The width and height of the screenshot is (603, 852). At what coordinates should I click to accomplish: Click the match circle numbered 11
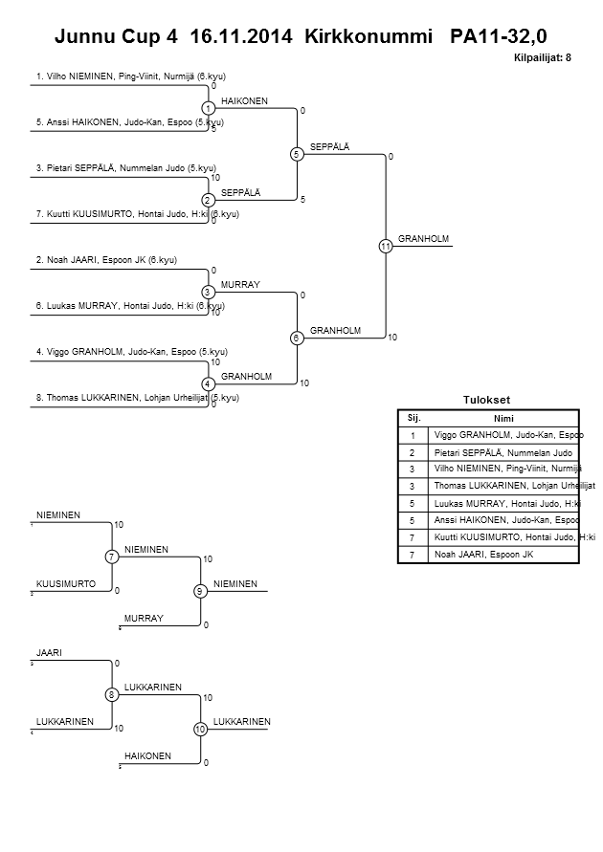385,247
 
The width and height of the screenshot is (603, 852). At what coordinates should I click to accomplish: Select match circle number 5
297,154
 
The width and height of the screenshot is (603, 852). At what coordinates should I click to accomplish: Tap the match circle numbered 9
200,591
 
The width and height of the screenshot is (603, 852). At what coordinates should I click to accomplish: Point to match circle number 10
200,730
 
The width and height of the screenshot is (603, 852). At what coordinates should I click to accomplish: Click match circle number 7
112,557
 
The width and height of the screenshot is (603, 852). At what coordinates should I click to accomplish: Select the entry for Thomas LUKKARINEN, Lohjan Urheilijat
137,397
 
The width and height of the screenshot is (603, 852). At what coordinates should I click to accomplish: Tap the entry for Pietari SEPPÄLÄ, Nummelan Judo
118,167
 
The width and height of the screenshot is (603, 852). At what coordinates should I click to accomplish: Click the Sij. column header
413,418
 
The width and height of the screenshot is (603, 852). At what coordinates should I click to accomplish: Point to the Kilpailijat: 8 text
543,58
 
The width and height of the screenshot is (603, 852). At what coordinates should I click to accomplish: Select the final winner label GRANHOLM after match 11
423,239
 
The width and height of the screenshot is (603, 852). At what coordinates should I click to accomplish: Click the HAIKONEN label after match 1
244,100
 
